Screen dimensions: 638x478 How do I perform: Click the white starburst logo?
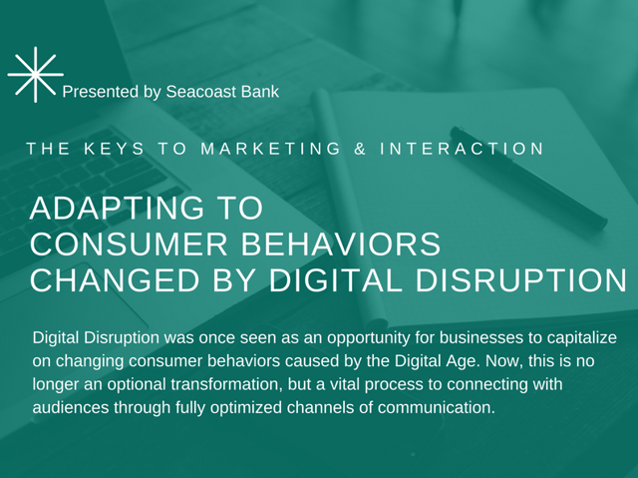coord(36,75)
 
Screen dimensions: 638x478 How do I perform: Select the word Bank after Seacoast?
coord(260,92)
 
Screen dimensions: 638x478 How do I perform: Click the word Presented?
coord(101,92)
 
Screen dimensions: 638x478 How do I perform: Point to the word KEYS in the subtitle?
coord(114,149)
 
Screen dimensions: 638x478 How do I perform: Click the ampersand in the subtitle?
coord(360,149)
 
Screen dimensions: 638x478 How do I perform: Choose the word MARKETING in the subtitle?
coord(270,149)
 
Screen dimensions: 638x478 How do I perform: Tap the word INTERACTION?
coord(462,149)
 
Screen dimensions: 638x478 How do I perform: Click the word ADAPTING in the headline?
coord(117,208)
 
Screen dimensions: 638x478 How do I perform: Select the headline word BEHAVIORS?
coord(341,243)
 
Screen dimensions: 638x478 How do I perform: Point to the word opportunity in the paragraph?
coord(368,338)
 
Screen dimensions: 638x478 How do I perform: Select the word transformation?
coord(226,384)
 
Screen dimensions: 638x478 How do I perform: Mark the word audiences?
coord(71,408)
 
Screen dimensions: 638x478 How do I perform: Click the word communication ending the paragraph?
coord(437,408)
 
